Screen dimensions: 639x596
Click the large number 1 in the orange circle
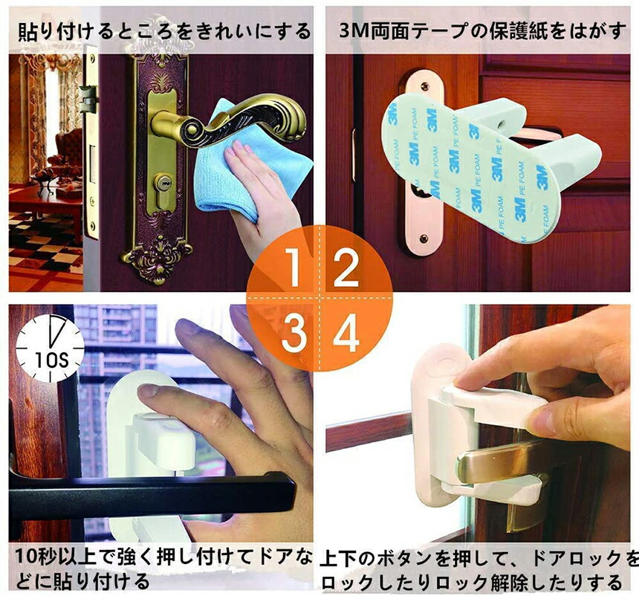click(293, 267)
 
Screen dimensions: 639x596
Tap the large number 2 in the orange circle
click(346, 267)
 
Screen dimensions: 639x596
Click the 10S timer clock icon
click(50, 349)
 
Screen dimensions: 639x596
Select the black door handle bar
click(151, 496)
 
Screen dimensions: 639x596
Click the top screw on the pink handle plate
click(425, 86)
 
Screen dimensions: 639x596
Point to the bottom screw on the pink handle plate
click(424, 238)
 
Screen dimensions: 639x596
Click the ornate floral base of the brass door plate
click(157, 259)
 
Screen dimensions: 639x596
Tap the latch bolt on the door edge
click(88, 100)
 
